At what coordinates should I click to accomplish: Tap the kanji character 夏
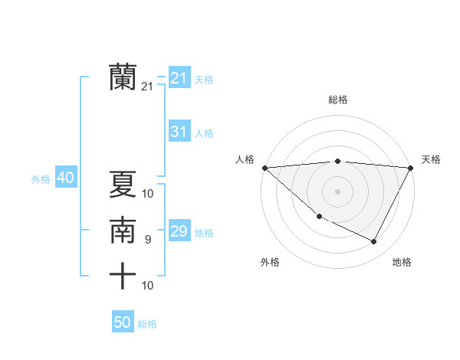coord(123,185)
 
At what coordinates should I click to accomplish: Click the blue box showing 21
coord(179,78)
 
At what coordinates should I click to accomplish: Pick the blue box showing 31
coord(179,132)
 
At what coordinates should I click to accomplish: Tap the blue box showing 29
coord(179,231)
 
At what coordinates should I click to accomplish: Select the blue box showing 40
coord(65,178)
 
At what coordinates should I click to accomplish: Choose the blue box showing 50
coord(123,322)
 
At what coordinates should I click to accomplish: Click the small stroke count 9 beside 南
coord(147,240)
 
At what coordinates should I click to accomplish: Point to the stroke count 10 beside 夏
coord(148,193)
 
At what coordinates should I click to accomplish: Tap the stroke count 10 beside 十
coord(148,286)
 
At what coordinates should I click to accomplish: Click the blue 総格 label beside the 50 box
coord(147,324)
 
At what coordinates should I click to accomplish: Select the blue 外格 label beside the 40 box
coord(41,179)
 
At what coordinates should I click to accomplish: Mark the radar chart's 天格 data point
coord(411,168)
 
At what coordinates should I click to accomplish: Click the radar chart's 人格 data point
coord(264,168)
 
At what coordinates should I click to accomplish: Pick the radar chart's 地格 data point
coord(374,242)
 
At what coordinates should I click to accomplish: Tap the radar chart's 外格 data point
coord(319,217)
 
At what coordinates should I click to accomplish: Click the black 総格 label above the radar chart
coord(338,100)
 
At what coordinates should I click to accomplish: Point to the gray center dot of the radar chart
coord(338,191)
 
